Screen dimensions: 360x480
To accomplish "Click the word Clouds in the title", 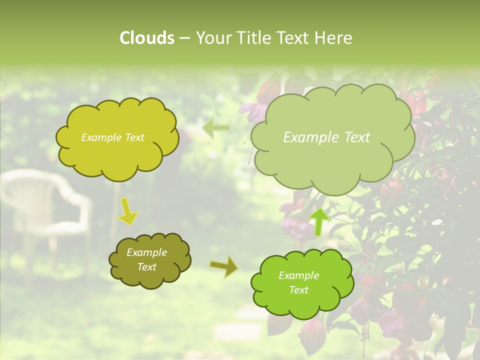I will click(x=146, y=38).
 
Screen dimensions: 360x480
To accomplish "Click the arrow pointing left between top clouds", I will click(x=215, y=127).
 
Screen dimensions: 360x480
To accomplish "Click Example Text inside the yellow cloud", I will click(x=112, y=137).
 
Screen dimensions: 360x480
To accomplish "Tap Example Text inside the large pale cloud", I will click(x=326, y=137).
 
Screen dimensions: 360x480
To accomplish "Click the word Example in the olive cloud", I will click(x=146, y=252).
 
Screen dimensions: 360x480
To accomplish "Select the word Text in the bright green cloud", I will click(x=298, y=290).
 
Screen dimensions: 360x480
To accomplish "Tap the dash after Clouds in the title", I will click(x=184, y=38).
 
